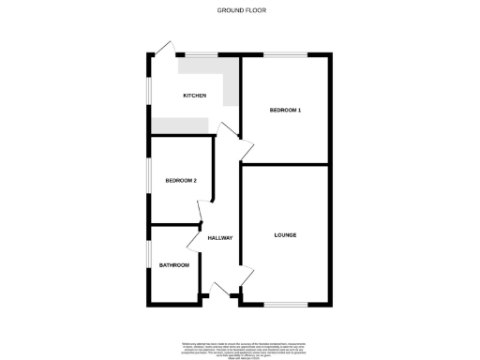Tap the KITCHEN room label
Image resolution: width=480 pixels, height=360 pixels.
[194, 97]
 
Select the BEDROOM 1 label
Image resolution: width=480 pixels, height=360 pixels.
[285, 111]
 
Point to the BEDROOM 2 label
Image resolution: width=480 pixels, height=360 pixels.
[181, 181]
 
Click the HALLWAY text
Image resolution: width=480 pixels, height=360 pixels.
[219, 238]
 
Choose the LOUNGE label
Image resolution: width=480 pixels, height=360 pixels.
[285, 234]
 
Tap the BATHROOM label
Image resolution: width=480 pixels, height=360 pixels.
[174, 265]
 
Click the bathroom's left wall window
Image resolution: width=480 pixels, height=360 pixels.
[150, 256]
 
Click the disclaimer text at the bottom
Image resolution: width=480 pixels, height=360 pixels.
[239, 346]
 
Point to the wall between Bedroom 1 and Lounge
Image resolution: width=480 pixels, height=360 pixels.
[285, 164]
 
